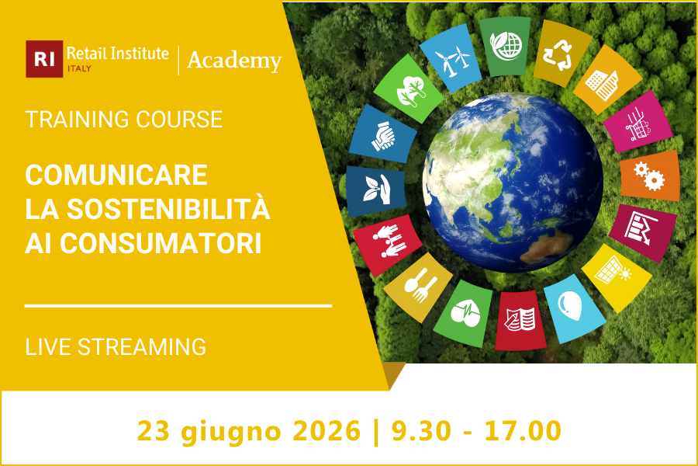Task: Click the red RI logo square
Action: (44, 59)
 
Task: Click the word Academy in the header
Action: (234, 60)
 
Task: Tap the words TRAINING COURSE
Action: (124, 120)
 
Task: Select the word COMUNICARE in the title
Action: (116, 175)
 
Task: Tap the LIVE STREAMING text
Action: (116, 346)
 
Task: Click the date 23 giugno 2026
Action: (249, 429)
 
